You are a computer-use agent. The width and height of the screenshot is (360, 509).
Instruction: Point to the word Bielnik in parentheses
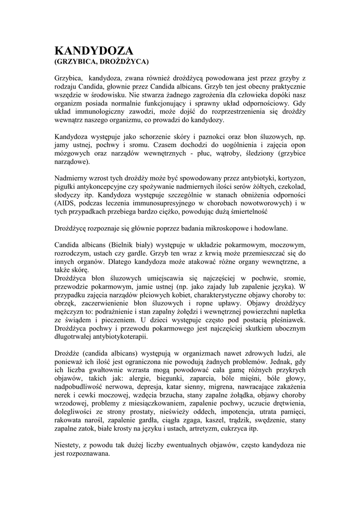click(122, 245)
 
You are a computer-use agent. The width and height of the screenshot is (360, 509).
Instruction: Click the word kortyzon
click(289, 177)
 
